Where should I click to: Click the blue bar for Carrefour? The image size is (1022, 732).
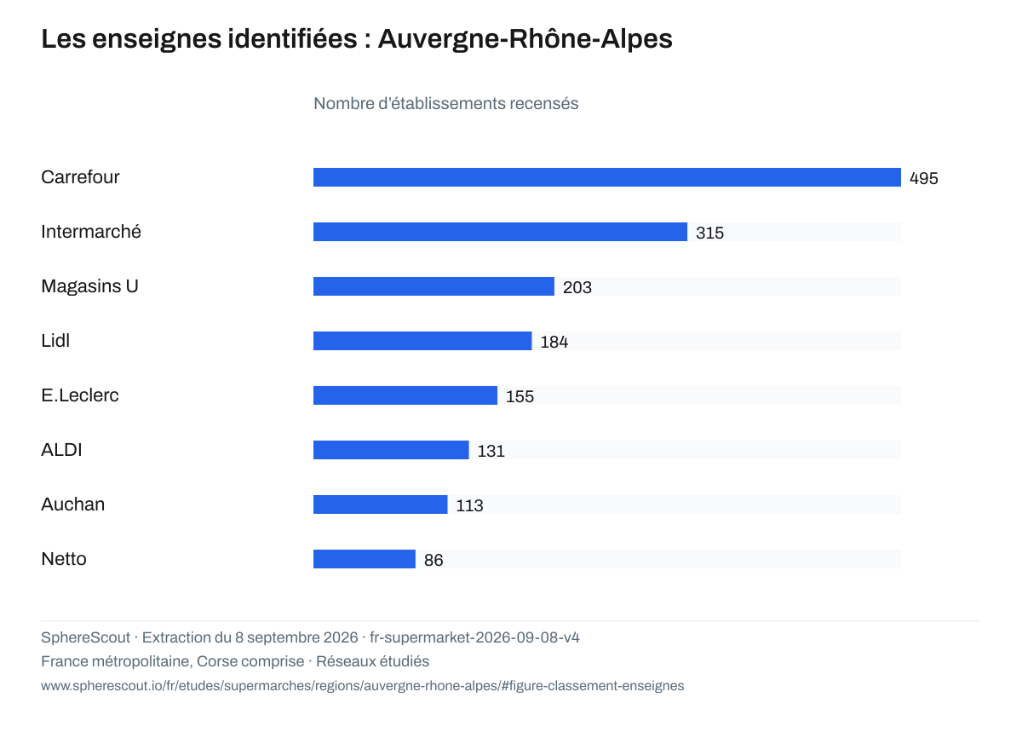(606, 177)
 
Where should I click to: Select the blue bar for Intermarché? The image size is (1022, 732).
(500, 232)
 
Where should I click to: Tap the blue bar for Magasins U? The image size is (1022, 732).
(433, 286)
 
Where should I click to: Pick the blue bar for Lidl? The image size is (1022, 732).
(422, 341)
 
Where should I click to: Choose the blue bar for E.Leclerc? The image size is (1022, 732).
(405, 395)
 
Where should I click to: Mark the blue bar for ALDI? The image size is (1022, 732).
(391, 450)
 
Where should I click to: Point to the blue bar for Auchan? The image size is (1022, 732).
(381, 504)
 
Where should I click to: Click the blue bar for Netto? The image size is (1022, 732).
(365, 559)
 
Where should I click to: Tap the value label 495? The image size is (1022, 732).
(923, 178)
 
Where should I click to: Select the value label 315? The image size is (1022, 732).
(709, 233)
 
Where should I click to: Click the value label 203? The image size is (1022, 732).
(577, 287)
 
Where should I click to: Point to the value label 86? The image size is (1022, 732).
(433, 560)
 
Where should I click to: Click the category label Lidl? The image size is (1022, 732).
(55, 341)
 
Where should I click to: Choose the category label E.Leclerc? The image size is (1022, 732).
(80, 395)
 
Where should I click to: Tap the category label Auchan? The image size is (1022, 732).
(73, 504)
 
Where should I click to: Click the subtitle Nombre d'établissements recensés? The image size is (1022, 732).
(445, 104)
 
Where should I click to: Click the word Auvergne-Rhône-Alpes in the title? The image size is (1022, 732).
(525, 39)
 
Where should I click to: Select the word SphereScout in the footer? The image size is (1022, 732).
(86, 637)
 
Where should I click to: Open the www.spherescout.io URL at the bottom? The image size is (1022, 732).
(363, 686)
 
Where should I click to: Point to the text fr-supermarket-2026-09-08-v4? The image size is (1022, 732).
(474, 637)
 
